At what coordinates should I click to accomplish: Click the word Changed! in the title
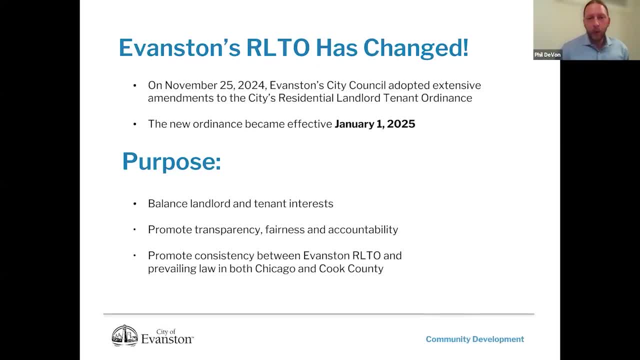pyautogui.click(x=415, y=48)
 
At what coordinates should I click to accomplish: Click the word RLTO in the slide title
pyautogui.click(x=278, y=48)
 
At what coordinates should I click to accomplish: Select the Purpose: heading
pyautogui.click(x=171, y=161)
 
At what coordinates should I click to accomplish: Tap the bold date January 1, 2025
pyautogui.click(x=374, y=124)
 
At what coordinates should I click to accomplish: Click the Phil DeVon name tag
pyautogui.click(x=547, y=55)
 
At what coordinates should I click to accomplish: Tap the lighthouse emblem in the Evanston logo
pyautogui.click(x=124, y=335)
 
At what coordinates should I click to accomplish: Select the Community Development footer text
pyautogui.click(x=474, y=339)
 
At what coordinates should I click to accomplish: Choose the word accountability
pyautogui.click(x=363, y=229)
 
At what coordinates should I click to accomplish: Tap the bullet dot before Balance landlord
pyautogui.click(x=134, y=204)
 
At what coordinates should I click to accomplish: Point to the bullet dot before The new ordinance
pyautogui.click(x=134, y=124)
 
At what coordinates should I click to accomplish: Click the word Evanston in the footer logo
pyautogui.click(x=166, y=339)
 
